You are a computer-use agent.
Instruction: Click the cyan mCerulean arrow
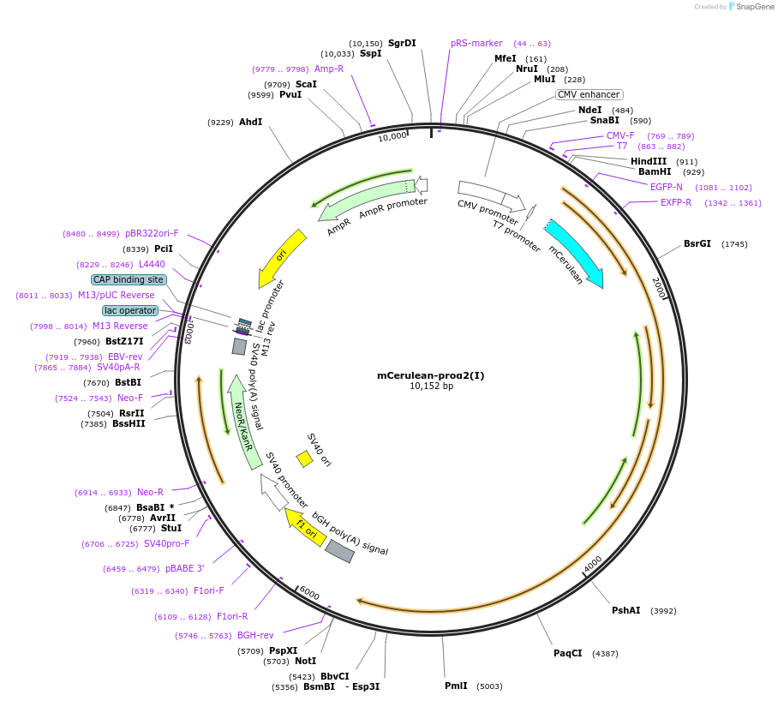pos(574,252)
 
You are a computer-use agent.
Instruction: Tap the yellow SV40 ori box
pos(304,459)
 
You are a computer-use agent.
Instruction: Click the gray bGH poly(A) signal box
pos(339,551)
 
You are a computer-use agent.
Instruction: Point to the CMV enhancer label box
pos(589,95)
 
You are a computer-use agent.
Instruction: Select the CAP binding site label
pos(129,279)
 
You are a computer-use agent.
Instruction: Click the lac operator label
pos(130,310)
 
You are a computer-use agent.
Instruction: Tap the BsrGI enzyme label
pos(697,243)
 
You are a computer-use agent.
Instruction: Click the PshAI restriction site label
pos(625,610)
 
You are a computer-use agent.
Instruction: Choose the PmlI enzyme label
pos(456,686)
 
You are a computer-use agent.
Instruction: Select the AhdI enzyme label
pos(250,123)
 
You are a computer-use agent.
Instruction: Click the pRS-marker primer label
pos(476,43)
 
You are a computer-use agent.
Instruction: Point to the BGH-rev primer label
pos(255,635)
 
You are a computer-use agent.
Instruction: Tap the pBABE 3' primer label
pos(185,568)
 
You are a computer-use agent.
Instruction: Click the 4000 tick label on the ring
pos(593,565)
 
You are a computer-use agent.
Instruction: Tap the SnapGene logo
pos(751,7)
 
